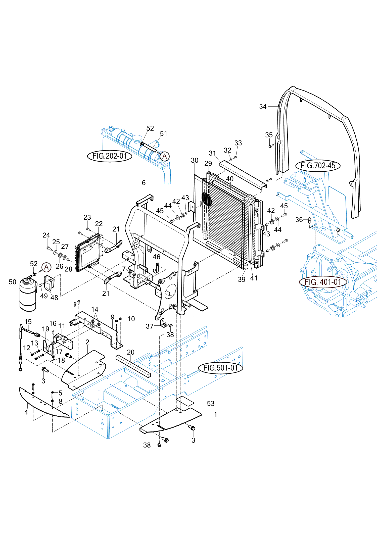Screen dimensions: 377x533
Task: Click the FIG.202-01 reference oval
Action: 110,156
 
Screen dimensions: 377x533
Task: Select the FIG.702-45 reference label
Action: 318,166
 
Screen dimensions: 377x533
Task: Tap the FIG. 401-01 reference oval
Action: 323,282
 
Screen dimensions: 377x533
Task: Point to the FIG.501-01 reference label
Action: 220,368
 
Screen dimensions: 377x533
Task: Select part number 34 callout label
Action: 263,107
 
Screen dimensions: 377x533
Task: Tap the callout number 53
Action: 211,403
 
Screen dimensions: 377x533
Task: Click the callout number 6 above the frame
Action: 144,183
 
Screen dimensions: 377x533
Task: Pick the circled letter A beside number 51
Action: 164,156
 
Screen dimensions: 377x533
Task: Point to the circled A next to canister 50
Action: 46,267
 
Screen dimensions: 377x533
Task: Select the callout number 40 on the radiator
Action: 230,179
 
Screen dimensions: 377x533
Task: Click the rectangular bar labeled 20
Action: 133,366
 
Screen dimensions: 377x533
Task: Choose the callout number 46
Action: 156,257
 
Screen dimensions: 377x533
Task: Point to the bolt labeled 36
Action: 309,220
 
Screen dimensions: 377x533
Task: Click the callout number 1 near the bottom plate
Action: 215,414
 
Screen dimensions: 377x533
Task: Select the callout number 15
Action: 28,322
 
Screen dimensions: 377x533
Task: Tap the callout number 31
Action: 212,153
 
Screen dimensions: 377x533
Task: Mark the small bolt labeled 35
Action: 270,146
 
